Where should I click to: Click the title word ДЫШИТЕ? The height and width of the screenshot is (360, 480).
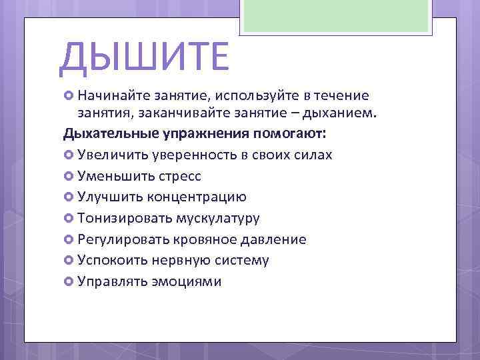click(x=143, y=57)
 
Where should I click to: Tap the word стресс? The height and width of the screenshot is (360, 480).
click(x=180, y=176)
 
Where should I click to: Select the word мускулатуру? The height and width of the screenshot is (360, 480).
click(x=218, y=218)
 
